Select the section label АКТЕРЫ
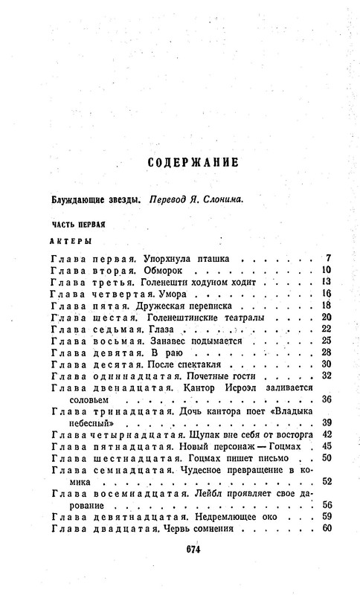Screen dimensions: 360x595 tap(71, 241)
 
